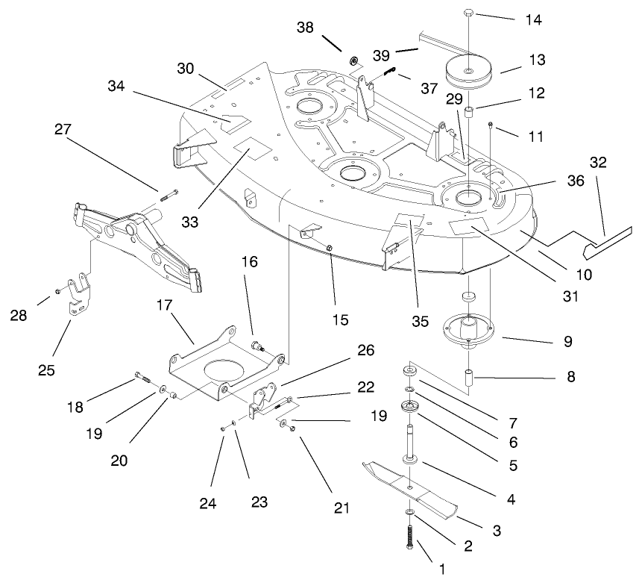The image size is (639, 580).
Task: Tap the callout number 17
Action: [x=164, y=305]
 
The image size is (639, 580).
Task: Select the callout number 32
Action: [x=599, y=162]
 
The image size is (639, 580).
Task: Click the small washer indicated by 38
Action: [x=353, y=59]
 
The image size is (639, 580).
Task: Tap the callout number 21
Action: [x=341, y=508]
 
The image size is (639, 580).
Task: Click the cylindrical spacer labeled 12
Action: [x=470, y=113]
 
